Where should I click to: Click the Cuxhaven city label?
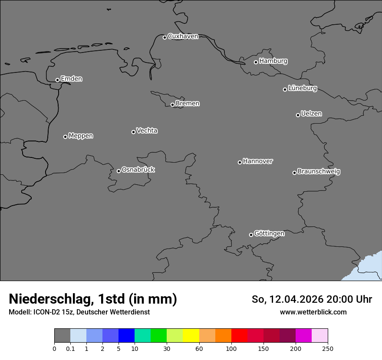183,36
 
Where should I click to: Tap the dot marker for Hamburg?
256,62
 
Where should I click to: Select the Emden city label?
71,79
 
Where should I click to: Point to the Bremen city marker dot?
172,105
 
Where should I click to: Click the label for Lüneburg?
302,88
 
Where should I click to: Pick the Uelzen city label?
311,114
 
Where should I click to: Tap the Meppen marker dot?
65,137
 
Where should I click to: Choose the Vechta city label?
147,131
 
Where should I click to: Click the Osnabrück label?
138,170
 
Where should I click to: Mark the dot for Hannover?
240,162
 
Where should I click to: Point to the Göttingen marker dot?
251,235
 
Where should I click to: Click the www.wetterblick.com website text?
313,312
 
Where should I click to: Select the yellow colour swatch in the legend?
191,336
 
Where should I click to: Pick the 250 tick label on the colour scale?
328,348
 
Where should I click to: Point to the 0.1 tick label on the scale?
70,348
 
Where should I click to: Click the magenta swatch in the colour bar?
303,336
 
